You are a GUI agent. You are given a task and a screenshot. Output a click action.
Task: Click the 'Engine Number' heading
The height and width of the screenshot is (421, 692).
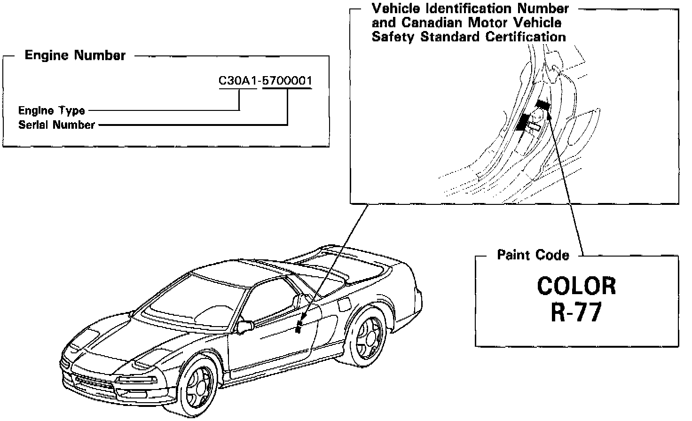[x=75, y=55]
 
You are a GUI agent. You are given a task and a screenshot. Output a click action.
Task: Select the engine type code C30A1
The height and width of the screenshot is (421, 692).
[x=237, y=81]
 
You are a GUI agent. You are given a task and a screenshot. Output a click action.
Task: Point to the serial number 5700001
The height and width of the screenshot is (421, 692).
[x=287, y=81]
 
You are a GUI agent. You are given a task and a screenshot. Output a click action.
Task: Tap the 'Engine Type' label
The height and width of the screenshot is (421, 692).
[x=52, y=111]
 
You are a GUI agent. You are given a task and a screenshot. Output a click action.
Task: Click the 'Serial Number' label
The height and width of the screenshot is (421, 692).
[x=56, y=125]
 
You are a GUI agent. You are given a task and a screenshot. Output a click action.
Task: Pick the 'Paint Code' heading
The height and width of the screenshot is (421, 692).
[x=533, y=255]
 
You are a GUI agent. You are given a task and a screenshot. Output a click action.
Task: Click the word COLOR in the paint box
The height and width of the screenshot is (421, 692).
[x=576, y=285]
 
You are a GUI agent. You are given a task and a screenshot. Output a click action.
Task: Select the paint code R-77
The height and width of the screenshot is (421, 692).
[x=576, y=312]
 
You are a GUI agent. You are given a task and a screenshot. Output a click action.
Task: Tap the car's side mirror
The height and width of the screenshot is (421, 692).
[x=245, y=325]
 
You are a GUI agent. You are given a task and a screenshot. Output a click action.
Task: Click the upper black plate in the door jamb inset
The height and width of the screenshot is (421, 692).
[x=543, y=104]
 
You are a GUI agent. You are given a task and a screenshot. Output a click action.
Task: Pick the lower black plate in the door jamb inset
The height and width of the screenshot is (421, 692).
[x=522, y=121]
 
